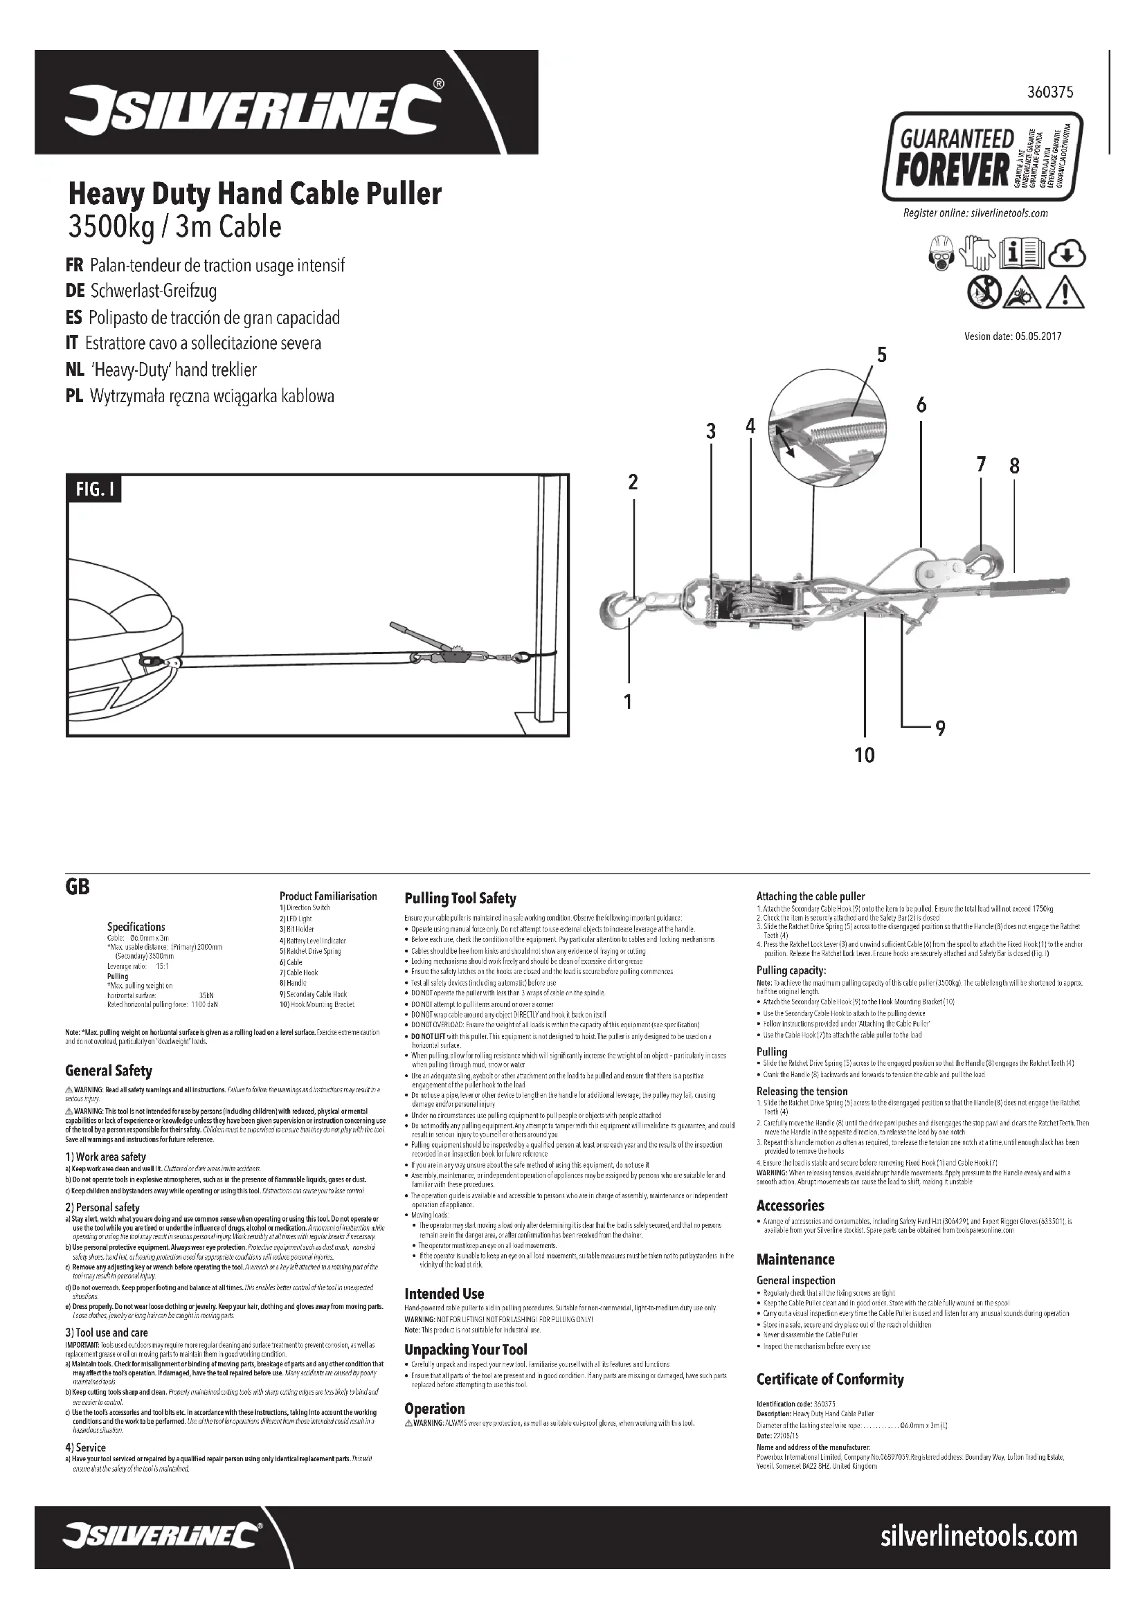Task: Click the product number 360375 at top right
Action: [x=1051, y=92]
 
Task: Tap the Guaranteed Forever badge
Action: [x=982, y=157]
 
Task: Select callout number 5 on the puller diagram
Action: [x=881, y=354]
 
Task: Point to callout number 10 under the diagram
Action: [x=864, y=755]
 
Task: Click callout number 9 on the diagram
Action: [x=940, y=728]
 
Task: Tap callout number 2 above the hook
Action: [x=633, y=482]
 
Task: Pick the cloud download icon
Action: [x=1068, y=255]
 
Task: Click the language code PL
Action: [x=74, y=397]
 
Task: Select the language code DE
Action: [x=75, y=291]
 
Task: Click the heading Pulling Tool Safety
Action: [x=460, y=898]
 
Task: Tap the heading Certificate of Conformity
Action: [x=830, y=1380]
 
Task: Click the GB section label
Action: [x=78, y=887]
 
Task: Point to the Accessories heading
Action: [x=790, y=1206]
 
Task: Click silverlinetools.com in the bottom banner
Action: [x=979, y=1537]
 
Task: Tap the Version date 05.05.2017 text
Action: [x=1013, y=336]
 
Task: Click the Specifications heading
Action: [x=136, y=927]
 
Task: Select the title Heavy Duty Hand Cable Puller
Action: [x=255, y=193]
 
